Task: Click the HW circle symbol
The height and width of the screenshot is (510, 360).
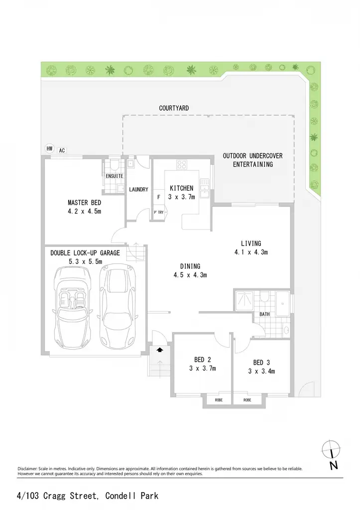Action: click(x=49, y=148)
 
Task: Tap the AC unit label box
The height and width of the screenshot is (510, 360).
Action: click(x=62, y=150)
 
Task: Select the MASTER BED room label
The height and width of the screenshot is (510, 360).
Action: click(x=84, y=203)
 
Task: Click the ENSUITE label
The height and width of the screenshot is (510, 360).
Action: click(x=115, y=176)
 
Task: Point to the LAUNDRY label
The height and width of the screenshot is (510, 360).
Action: click(x=138, y=189)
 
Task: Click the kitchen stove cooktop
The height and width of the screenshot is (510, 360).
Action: click(x=182, y=164)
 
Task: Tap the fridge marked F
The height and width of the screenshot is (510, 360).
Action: click(x=159, y=197)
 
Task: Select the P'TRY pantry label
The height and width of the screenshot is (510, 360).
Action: click(x=159, y=212)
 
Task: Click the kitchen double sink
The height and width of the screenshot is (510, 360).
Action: click(x=205, y=188)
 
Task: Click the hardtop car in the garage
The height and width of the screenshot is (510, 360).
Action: click(x=118, y=306)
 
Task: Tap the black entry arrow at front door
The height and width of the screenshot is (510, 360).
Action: click(x=160, y=350)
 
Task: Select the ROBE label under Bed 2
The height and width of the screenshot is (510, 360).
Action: click(x=219, y=400)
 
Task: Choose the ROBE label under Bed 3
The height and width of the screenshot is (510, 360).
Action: click(x=247, y=400)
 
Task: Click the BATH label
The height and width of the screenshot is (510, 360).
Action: click(x=264, y=314)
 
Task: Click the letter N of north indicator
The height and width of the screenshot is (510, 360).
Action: click(x=334, y=466)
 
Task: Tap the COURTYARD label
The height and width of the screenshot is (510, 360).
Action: click(x=174, y=108)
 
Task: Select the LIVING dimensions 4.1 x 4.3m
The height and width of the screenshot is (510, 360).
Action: click(x=251, y=252)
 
